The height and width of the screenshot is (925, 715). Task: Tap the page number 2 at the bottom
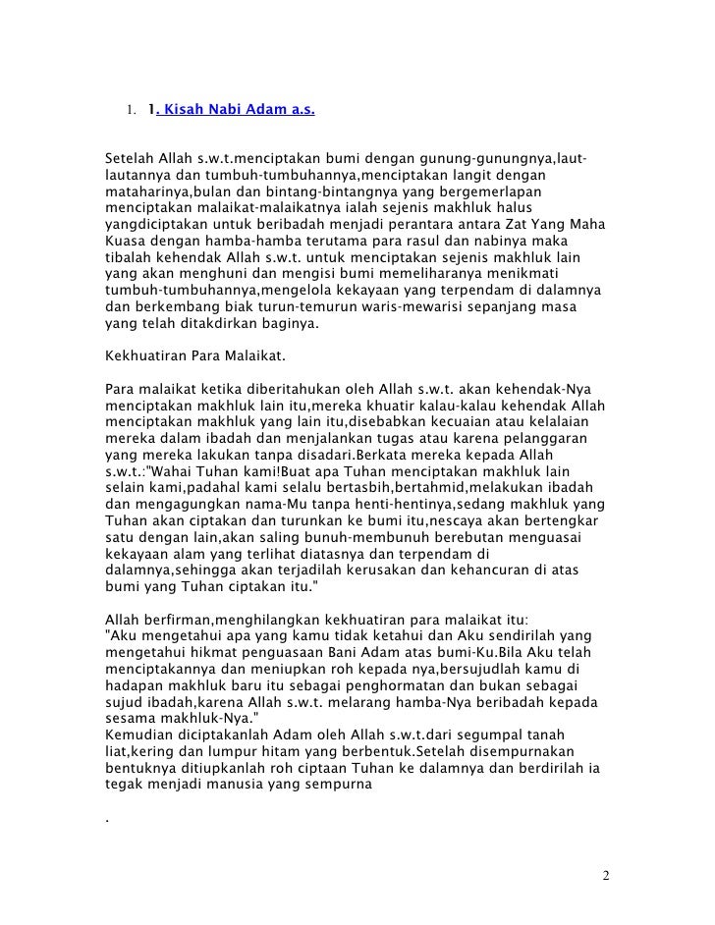606,875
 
